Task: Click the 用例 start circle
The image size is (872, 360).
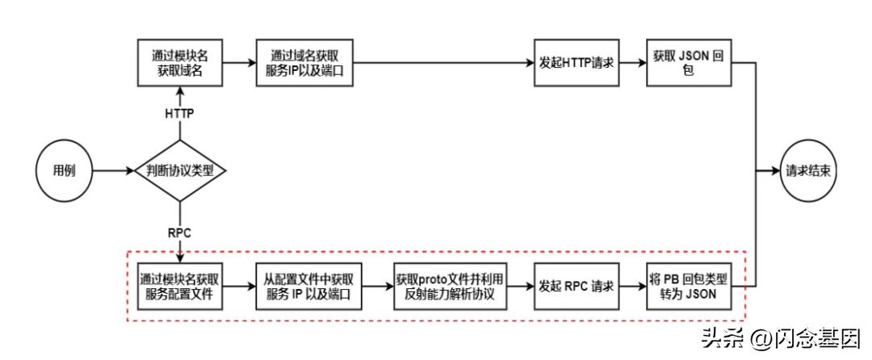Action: tap(64, 171)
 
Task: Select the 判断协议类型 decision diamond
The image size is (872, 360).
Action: tap(179, 171)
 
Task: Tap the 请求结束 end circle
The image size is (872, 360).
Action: tap(810, 171)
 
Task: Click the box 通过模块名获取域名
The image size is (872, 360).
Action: tap(179, 62)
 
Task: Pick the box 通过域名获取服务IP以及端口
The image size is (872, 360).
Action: tap(305, 62)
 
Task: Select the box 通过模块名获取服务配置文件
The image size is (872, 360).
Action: tap(179, 287)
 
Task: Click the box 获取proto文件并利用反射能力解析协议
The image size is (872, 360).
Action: tap(444, 287)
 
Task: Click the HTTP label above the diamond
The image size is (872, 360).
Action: tap(179, 114)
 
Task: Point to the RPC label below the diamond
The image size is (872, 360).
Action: tap(179, 232)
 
